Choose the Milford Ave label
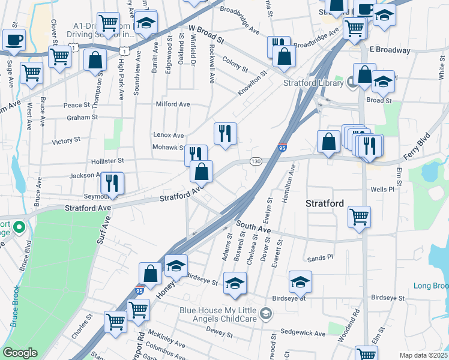(173, 104)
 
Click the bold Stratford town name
(325, 203)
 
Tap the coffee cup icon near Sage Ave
(14, 40)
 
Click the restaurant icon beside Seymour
(112, 182)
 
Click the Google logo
(20, 353)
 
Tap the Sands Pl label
(320, 257)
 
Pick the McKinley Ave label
(167, 339)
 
